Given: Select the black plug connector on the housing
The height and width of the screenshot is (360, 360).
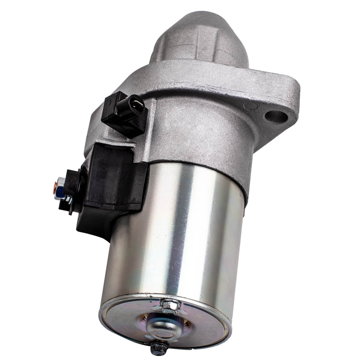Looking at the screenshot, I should point(125,113).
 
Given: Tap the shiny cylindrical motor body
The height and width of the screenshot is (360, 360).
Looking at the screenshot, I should point(180,234).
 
